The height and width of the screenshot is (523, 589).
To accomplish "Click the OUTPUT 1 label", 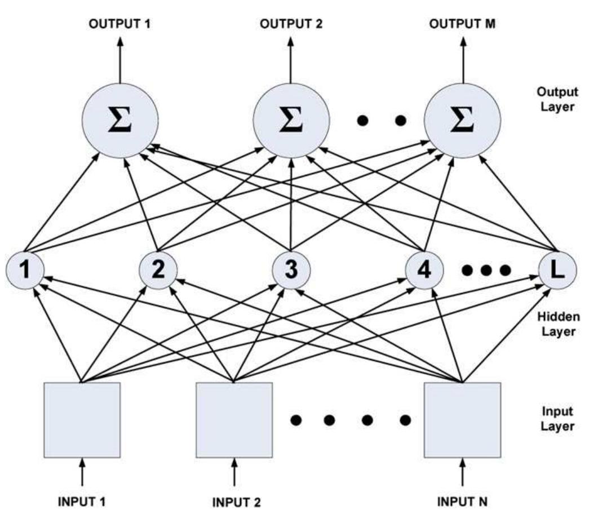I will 120,24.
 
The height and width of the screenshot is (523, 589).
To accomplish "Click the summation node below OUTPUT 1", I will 120,121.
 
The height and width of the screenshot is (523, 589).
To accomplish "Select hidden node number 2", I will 158,271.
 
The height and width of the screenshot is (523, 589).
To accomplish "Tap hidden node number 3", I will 291,271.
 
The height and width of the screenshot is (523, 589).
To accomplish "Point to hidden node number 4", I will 424,271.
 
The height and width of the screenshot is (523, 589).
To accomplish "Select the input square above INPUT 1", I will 82,420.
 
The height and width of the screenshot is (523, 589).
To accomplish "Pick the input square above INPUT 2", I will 234,420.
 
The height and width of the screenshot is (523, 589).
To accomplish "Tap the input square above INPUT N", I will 462,420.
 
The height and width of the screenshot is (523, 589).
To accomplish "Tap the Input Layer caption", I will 557,418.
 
